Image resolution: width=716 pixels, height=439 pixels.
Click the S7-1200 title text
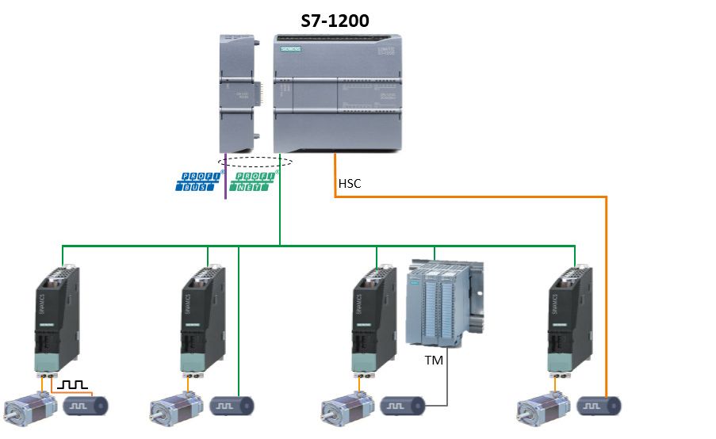tap(335, 21)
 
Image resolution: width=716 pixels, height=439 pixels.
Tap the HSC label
tap(350, 183)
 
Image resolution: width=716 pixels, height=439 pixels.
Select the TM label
tap(435, 361)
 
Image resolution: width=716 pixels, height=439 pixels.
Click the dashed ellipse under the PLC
tap(253, 162)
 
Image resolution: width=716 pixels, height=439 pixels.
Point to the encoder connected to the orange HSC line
tap(600, 406)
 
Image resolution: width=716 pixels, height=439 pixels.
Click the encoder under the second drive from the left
tap(233, 406)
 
